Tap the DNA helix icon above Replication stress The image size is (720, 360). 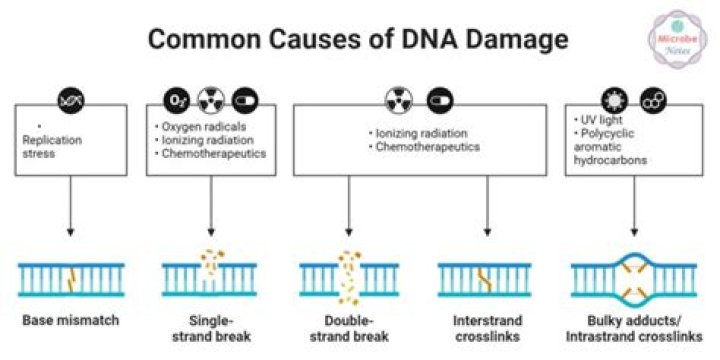coord(72,101)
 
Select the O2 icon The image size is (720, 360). coord(176,101)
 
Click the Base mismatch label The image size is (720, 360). coord(71,321)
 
